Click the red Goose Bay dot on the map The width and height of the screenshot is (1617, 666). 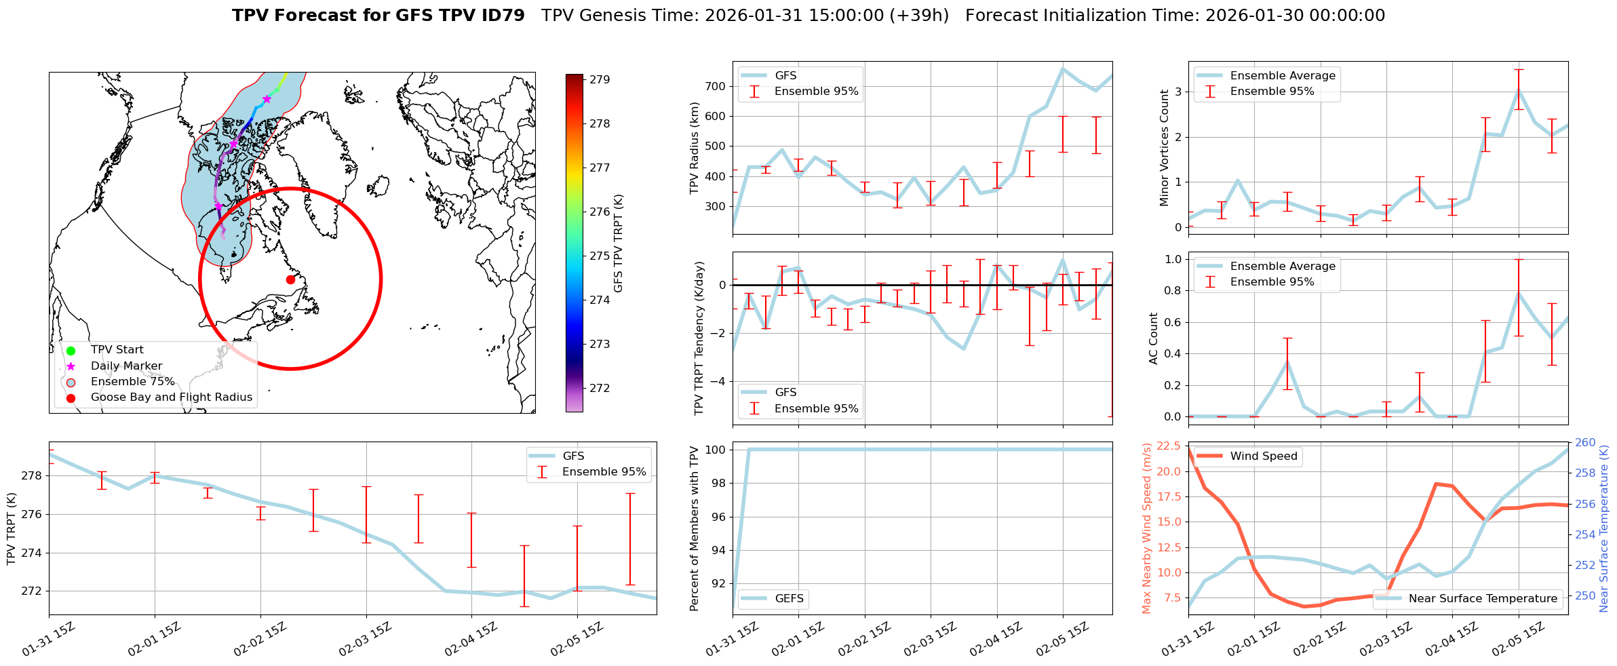290,279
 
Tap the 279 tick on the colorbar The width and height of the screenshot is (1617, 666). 599,80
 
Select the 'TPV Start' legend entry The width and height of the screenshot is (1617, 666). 117,350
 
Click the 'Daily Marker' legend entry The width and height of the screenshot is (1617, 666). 126,366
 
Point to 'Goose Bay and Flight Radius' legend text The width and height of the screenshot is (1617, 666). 171,397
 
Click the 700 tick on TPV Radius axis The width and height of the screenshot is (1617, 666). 716,86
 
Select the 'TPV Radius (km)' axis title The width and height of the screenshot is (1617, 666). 694,148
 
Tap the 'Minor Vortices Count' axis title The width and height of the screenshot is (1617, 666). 1164,148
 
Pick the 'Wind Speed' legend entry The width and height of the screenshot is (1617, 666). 1263,456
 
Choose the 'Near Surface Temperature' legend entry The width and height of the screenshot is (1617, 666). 1482,599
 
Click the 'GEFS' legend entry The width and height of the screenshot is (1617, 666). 789,599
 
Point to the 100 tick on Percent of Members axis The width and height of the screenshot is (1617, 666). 716,450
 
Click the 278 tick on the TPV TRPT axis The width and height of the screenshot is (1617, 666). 32,476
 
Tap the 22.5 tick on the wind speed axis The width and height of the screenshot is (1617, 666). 1169,446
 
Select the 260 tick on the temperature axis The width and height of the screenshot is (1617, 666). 1585,443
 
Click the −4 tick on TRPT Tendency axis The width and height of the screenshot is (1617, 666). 718,381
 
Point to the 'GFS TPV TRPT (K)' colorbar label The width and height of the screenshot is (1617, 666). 618,243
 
